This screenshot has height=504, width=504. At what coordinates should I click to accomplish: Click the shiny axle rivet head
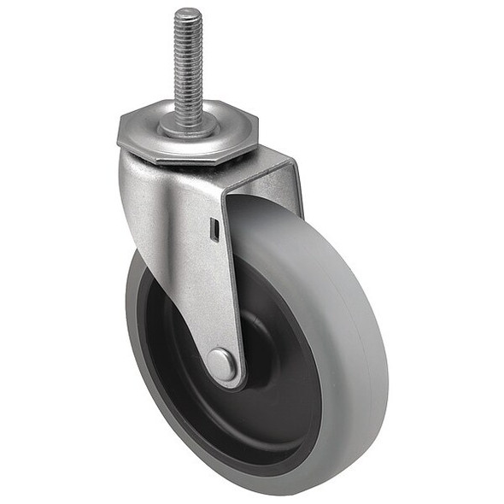click(223, 365)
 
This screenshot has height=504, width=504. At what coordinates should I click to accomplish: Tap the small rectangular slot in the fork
click(214, 228)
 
